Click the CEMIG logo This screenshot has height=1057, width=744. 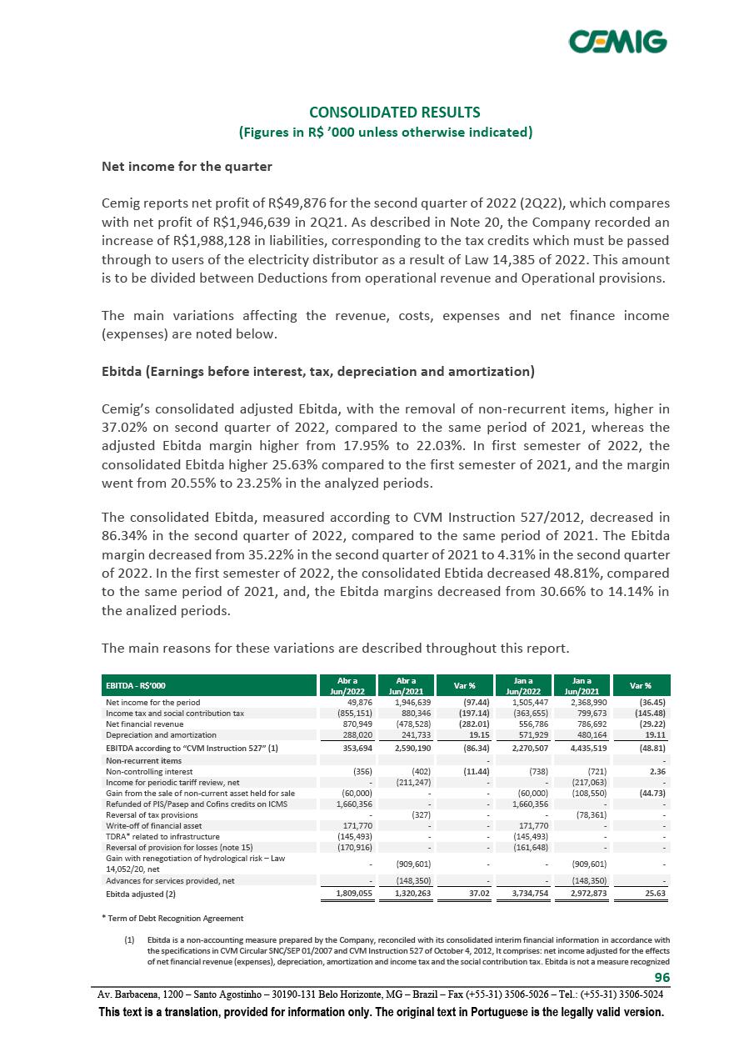point(617,41)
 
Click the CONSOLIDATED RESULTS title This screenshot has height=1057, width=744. point(394,112)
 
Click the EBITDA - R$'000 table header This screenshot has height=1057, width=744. point(134,685)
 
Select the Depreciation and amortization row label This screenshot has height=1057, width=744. point(161,734)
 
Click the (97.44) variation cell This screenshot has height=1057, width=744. point(458,702)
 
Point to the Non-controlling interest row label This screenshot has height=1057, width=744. point(144,771)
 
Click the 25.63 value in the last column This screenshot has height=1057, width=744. point(653,894)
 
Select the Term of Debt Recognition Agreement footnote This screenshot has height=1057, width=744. point(172,918)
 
